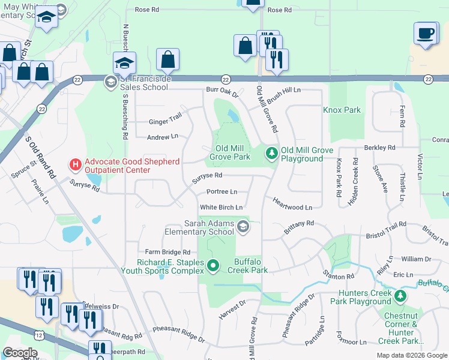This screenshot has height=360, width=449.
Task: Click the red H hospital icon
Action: [75, 163]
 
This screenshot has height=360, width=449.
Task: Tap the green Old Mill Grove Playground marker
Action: [272, 154]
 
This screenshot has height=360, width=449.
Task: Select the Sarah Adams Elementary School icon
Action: [243, 226]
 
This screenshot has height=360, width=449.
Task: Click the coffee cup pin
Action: [426, 33]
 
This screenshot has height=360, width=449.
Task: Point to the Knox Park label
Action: [342, 110]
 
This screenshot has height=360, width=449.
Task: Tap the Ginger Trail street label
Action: [165, 122]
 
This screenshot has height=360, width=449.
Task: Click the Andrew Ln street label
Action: [163, 137]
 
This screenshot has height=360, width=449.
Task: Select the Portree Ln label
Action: [221, 192]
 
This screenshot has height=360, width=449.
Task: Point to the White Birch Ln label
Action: [221, 208]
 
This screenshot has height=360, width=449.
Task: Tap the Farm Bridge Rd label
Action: [167, 253]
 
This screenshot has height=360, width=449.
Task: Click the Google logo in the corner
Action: [20, 353]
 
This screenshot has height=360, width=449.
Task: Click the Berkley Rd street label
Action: [379, 148]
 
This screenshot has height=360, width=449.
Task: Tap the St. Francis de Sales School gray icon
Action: [110, 82]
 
